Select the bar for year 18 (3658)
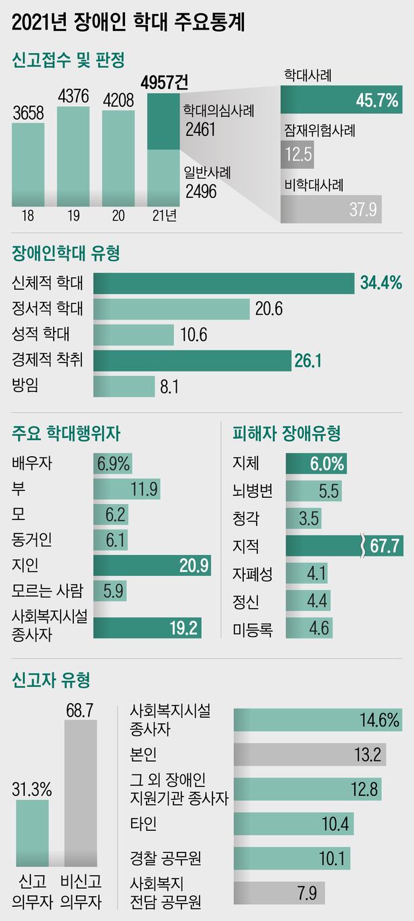(28, 164)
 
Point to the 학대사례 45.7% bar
(340, 101)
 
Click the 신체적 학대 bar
(223, 283)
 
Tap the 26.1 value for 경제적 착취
(308, 361)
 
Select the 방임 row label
(27, 386)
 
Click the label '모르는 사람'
(47, 591)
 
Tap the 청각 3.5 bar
(303, 519)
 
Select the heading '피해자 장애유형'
(286, 433)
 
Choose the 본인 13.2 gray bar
(310, 754)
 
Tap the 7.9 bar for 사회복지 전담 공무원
(279, 893)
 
